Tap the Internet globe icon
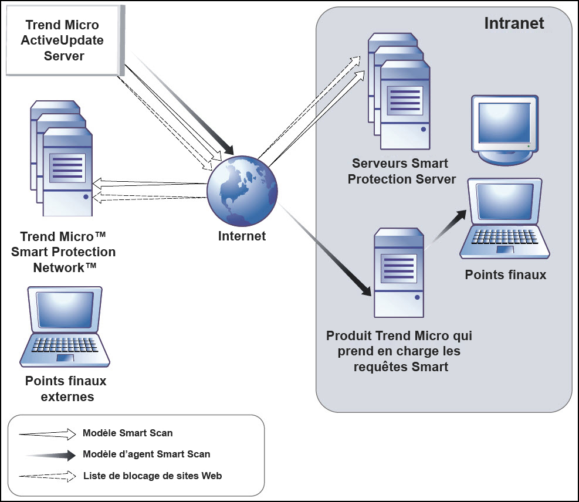[242, 191]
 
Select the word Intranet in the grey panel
[514, 23]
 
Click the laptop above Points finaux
[505, 220]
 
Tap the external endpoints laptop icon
[65, 326]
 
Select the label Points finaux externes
[66, 388]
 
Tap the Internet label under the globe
[242, 236]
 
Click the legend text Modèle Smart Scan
[128, 433]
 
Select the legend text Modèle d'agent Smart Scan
[147, 454]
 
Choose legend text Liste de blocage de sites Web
[153, 476]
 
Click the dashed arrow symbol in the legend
[47, 476]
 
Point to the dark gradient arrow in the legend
[50, 454]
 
